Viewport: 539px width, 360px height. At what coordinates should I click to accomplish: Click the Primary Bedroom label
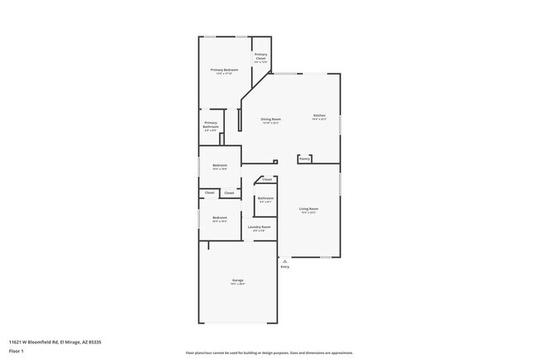[224, 70]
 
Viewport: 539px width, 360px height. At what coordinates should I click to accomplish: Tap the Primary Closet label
[260, 56]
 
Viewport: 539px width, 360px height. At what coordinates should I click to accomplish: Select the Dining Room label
[270, 119]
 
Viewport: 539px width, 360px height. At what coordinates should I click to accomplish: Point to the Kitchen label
[319, 115]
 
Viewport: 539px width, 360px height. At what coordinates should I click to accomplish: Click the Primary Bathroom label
[211, 125]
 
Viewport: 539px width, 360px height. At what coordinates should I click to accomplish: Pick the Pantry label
[304, 158]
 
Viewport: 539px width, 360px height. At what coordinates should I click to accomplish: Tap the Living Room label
[308, 208]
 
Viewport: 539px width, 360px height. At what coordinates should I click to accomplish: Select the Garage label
[237, 282]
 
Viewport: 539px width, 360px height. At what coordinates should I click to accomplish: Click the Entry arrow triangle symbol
[285, 260]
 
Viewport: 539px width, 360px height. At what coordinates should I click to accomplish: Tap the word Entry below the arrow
[285, 267]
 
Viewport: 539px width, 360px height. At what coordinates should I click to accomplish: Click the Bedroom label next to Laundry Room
[220, 217]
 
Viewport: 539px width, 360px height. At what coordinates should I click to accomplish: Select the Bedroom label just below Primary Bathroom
[220, 165]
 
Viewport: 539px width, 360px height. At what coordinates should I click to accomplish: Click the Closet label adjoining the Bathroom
[266, 179]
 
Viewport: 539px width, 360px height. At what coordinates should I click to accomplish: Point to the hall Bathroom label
[265, 198]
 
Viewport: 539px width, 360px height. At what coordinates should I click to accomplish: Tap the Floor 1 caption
[17, 351]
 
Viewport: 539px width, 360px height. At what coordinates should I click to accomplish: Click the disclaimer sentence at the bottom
[269, 352]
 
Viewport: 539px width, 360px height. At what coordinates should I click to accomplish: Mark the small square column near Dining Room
[274, 162]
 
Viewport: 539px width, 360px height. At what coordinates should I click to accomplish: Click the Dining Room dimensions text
[270, 124]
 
